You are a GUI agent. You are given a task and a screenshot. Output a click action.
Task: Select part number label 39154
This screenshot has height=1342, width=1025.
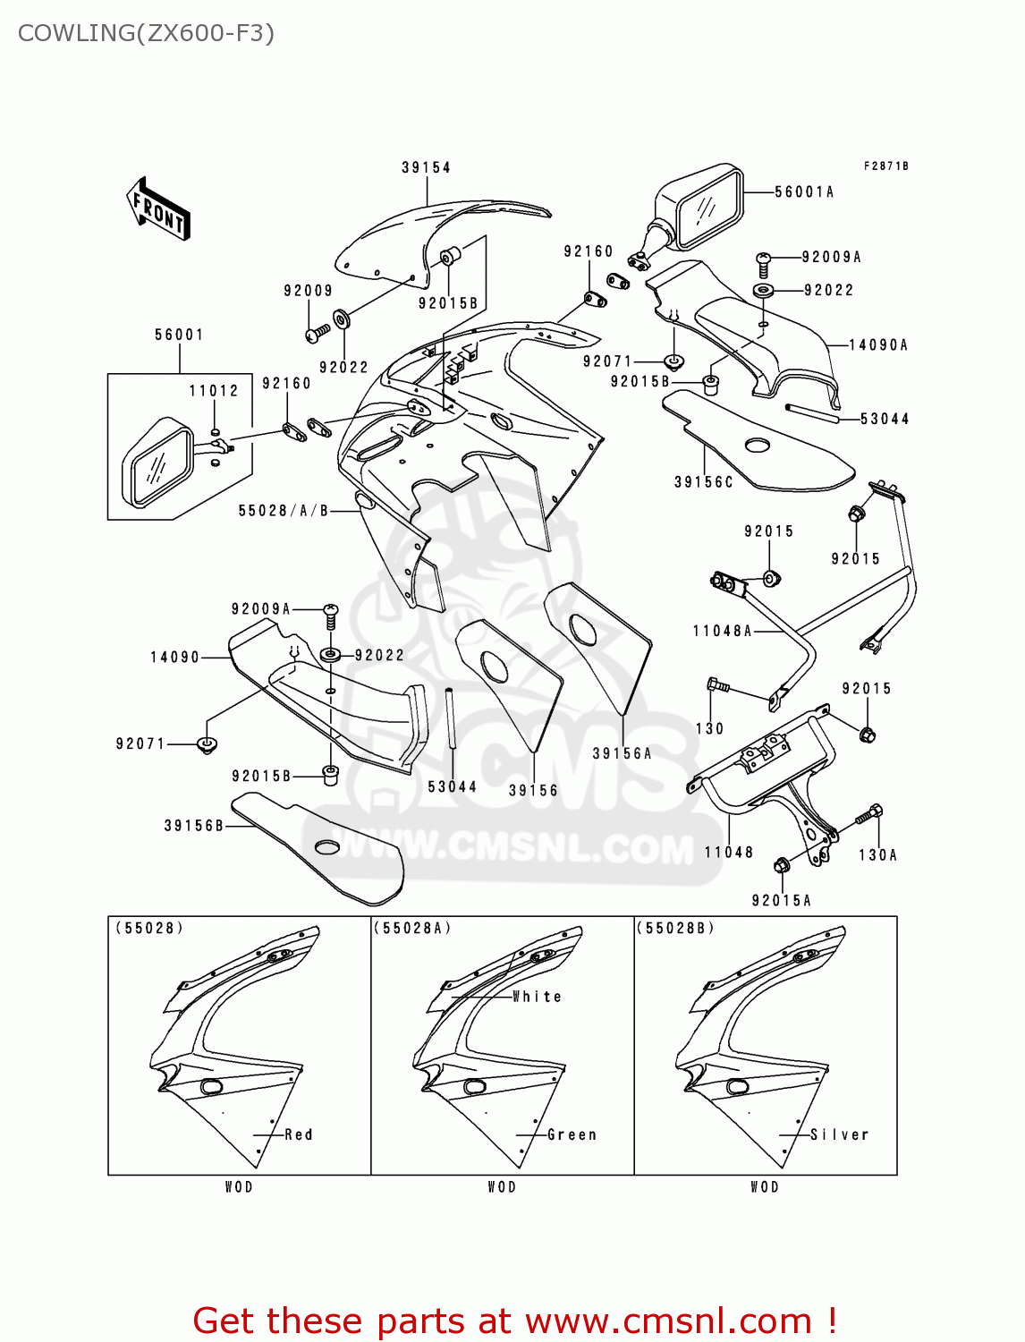426,167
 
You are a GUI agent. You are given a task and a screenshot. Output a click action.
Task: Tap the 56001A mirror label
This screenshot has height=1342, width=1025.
804,191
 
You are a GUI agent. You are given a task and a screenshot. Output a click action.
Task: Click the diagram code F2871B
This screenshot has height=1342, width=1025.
885,166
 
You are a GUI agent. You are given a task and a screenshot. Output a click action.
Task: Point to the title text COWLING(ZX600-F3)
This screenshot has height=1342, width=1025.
146,33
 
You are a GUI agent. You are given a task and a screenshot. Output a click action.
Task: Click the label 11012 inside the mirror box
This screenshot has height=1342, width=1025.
214,390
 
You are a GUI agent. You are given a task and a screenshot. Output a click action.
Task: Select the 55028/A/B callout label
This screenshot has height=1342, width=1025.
284,510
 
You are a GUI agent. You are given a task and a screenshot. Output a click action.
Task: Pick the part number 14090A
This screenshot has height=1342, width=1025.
878,344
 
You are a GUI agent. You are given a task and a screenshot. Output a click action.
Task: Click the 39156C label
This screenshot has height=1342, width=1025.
704,481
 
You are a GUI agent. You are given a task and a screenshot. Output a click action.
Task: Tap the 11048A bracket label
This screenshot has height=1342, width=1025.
723,631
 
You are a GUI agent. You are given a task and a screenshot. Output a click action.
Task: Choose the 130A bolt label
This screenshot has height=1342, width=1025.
877,854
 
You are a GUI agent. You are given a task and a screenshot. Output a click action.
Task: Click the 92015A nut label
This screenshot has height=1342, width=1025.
782,900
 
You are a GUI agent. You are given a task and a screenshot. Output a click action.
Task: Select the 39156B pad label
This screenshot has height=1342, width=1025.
194,825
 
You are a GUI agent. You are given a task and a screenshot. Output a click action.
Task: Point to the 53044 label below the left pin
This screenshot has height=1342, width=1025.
453,786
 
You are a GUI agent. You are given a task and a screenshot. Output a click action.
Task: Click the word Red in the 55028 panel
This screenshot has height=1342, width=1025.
299,1134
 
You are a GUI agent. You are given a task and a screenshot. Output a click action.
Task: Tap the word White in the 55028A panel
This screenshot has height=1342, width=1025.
537,997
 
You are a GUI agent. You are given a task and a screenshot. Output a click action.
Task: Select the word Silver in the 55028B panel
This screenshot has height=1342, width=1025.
839,1134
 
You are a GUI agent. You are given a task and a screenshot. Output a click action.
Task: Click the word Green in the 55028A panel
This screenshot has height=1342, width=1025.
572,1134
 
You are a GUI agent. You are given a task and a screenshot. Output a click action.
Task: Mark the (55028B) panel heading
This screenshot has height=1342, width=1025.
675,928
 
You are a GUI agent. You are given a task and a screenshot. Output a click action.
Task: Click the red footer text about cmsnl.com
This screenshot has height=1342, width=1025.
514,1321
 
